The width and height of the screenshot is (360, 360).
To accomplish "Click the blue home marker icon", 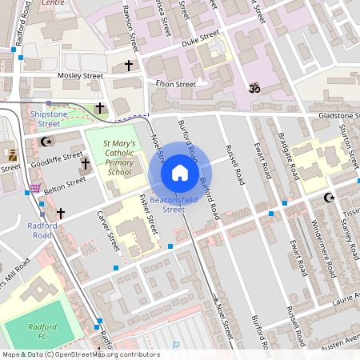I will tap(180, 173).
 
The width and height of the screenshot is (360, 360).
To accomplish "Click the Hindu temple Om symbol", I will tap(255, 86).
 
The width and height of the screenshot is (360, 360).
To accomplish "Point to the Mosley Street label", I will tap(81, 75).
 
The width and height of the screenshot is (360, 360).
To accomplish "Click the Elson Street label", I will tap(175, 84).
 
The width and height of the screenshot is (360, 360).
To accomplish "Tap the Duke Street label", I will tap(199, 38).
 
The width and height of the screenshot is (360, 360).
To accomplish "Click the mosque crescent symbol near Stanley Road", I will tap(327, 198).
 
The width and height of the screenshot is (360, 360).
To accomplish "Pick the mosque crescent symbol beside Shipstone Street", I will tap(46, 142).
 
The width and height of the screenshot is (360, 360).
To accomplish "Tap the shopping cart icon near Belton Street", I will tap(34, 189).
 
